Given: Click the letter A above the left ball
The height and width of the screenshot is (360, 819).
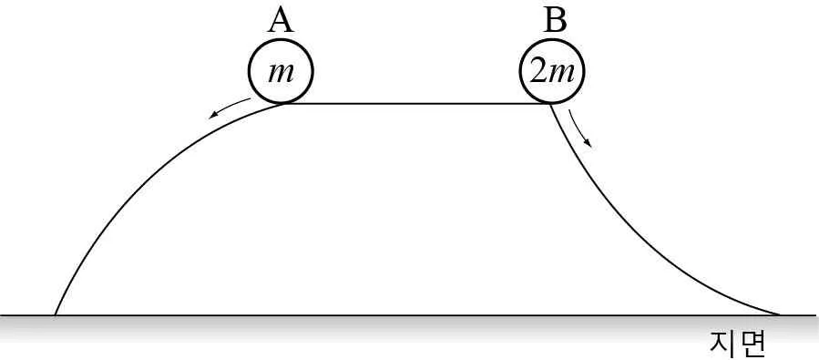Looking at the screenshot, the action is [281, 21].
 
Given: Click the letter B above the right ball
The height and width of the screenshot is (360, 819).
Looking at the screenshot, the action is [555, 21].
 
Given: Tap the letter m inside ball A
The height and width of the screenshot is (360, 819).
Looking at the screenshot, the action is [281, 73].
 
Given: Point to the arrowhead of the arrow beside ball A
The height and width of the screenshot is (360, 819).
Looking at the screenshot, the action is [212, 116].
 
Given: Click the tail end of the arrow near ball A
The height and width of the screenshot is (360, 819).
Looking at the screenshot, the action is [251, 98].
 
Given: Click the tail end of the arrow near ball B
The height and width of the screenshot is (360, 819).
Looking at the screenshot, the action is [569, 110].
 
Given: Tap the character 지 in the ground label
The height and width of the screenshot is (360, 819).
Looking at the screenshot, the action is [722, 343].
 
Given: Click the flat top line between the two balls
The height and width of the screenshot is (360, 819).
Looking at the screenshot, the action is [418, 104].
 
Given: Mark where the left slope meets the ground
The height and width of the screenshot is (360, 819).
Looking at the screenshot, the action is [55, 315].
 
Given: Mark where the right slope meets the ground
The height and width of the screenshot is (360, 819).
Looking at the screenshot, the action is [779, 315].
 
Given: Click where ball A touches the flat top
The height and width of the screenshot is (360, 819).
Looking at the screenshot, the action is [283, 104].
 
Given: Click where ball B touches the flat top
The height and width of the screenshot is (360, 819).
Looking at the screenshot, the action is [551, 104].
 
